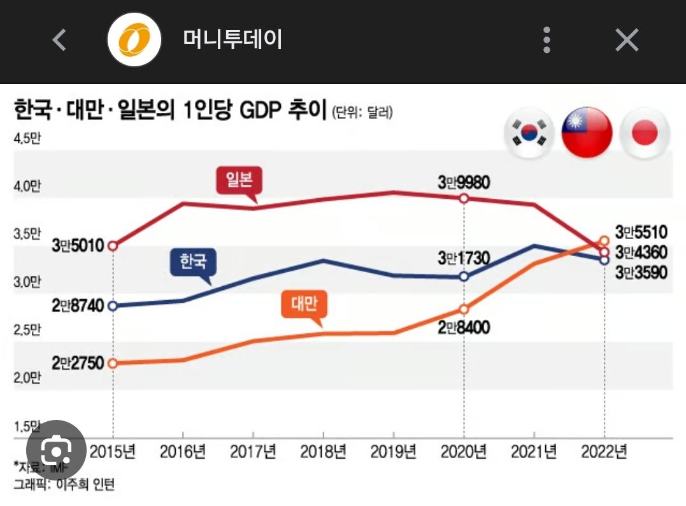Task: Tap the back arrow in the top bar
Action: (x=59, y=40)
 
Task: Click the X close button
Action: (x=627, y=40)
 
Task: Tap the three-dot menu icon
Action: (x=547, y=40)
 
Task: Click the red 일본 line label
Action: (x=239, y=180)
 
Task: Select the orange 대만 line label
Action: (x=304, y=304)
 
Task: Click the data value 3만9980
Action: (x=463, y=182)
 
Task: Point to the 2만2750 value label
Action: (x=78, y=363)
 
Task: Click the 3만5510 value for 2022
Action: (x=641, y=233)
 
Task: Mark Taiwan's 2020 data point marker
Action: (x=464, y=309)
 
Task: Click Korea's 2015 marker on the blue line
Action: (x=113, y=306)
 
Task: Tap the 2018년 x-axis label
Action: (x=323, y=452)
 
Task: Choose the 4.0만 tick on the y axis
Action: (x=26, y=186)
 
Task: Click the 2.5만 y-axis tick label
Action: (x=26, y=330)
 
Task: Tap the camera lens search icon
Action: (x=57, y=451)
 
